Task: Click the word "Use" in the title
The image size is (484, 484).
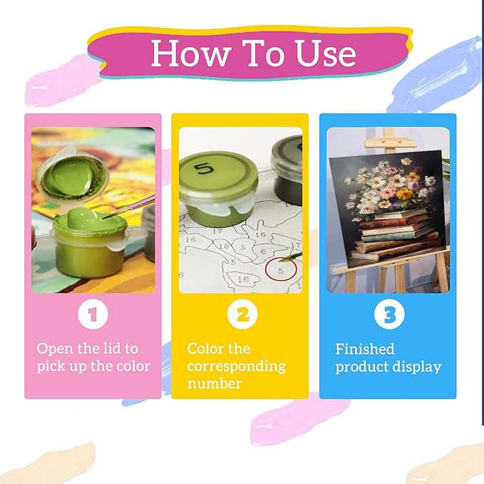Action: (326, 53)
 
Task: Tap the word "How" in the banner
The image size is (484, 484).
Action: (191, 53)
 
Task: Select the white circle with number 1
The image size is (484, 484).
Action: (93, 314)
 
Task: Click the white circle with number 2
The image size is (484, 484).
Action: (242, 314)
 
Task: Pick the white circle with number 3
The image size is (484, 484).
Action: (389, 314)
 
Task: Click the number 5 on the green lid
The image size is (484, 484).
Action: (204, 168)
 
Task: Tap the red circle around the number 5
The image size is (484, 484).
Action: (281, 269)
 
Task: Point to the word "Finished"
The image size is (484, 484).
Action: (365, 349)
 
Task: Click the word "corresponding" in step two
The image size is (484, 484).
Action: (236, 366)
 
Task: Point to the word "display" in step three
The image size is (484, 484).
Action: (421, 367)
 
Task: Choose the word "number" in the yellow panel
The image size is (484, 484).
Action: (215, 383)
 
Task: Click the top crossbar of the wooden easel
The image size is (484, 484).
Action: (391, 143)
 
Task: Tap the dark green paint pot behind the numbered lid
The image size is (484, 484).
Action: (287, 171)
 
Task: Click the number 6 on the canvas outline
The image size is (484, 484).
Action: (263, 252)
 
